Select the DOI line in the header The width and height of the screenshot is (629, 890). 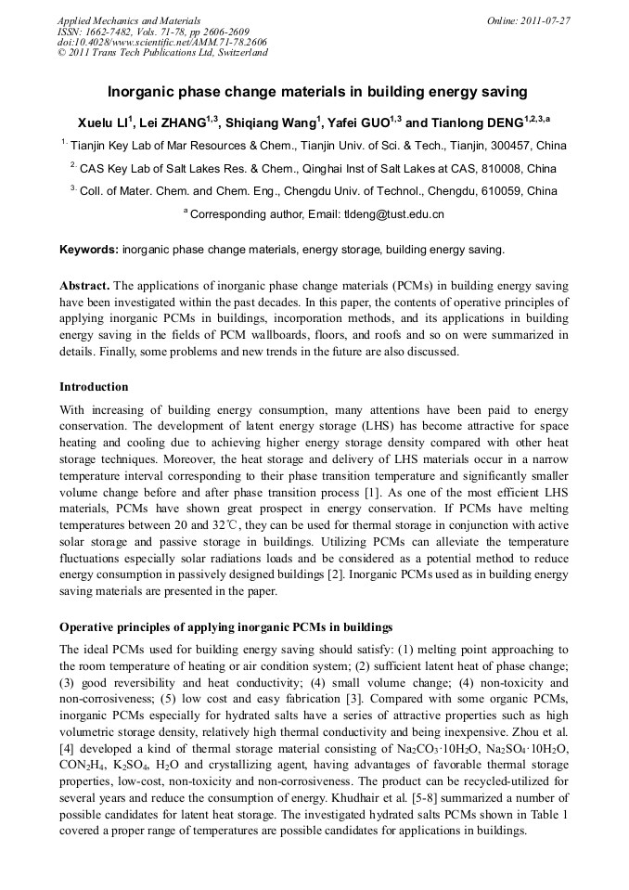[x=161, y=42]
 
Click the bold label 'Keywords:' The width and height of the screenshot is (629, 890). [x=89, y=250]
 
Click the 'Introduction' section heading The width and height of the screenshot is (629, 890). [x=94, y=386]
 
